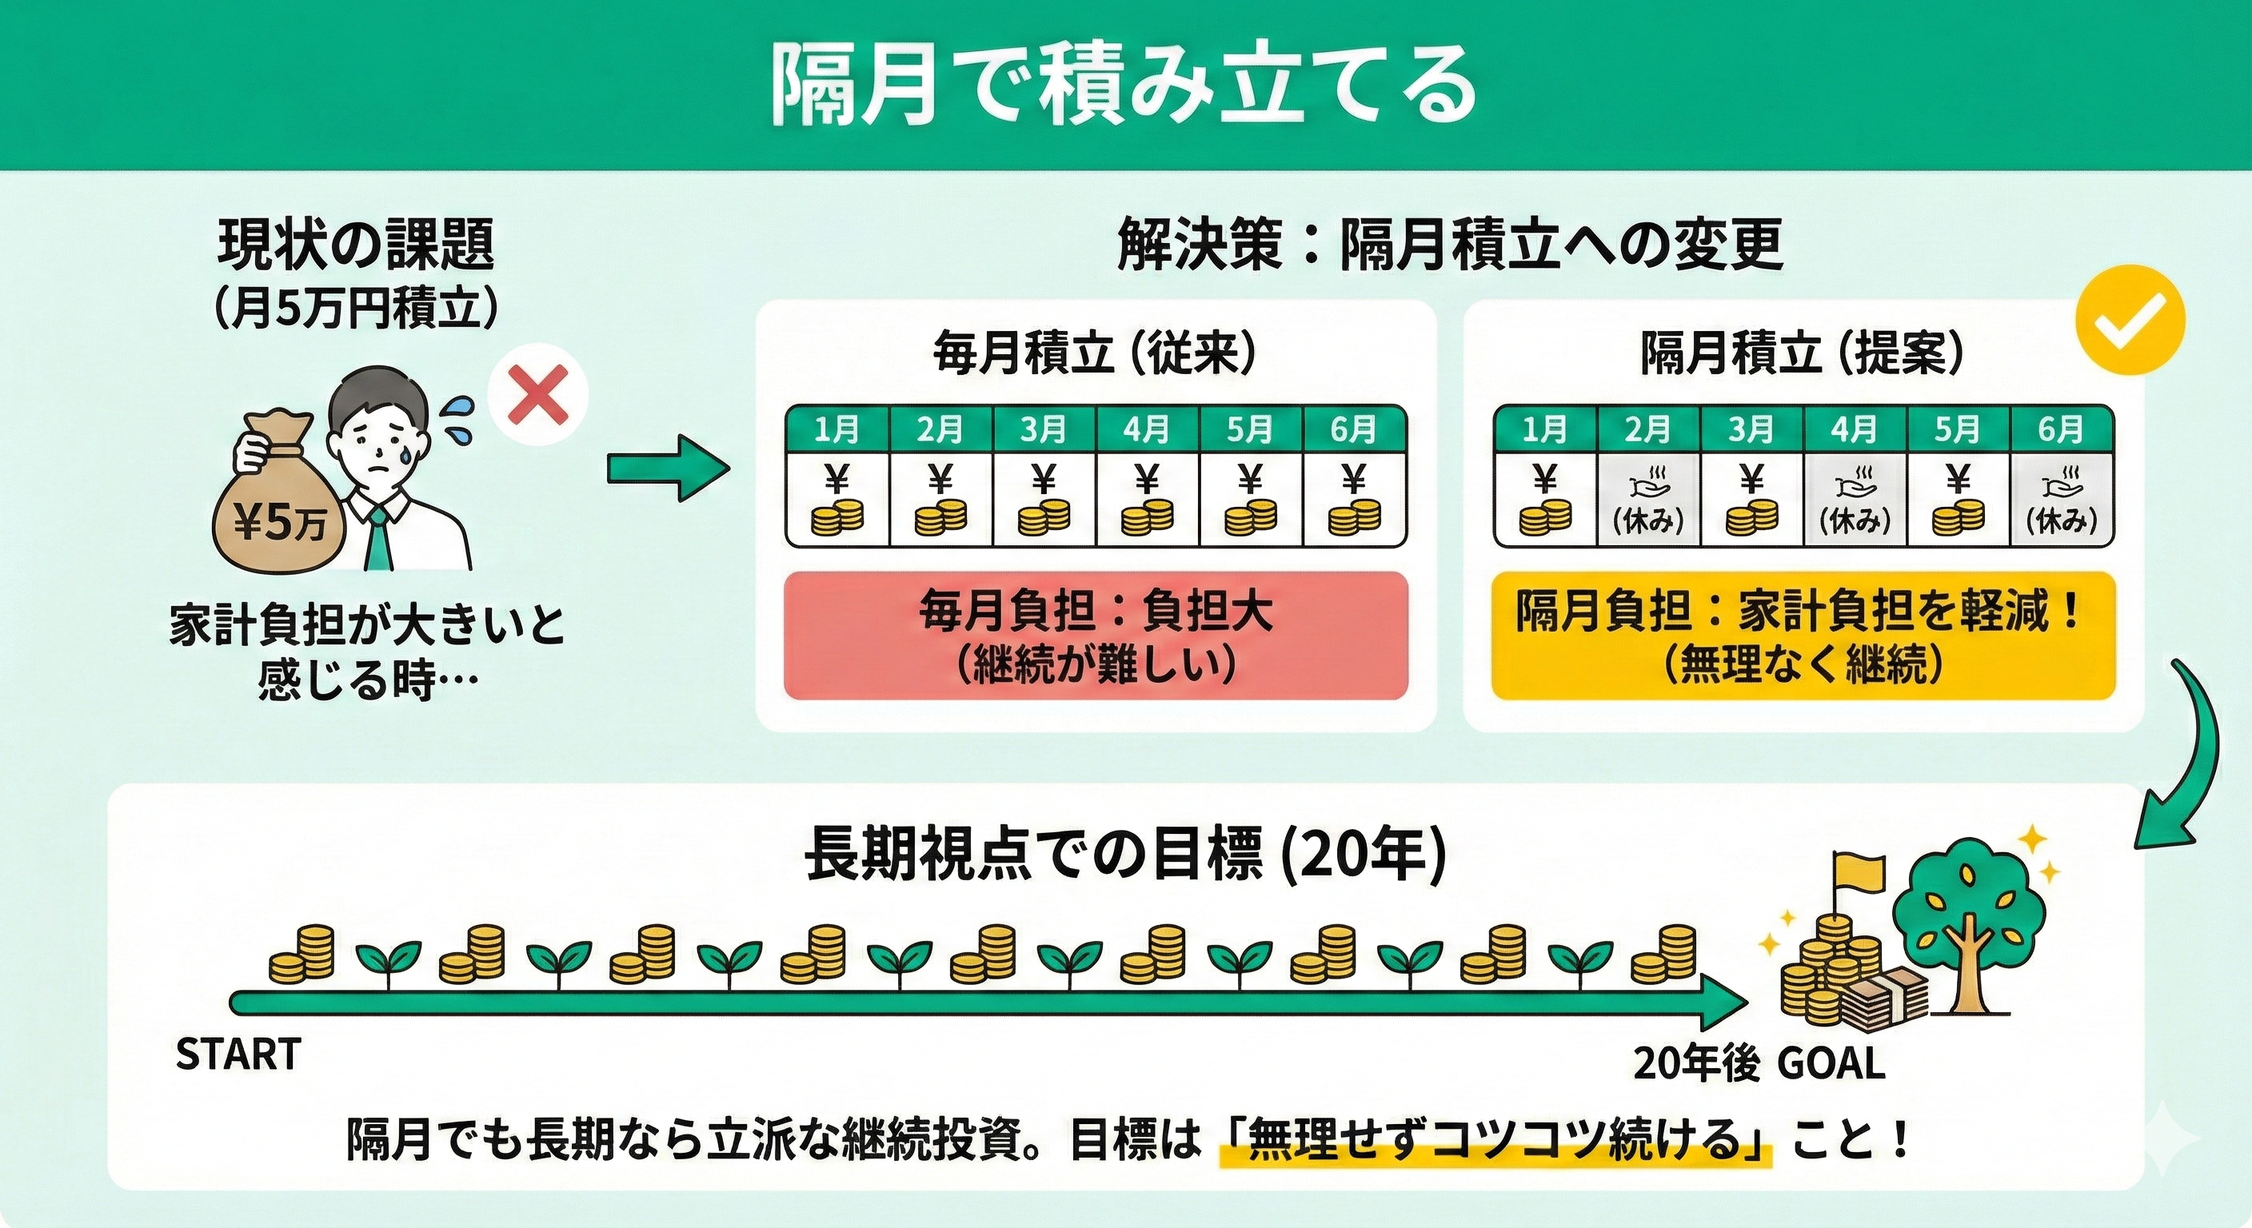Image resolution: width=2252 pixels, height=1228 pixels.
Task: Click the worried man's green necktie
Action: (x=376, y=534)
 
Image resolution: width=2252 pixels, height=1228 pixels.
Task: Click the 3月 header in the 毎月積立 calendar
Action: (x=1044, y=429)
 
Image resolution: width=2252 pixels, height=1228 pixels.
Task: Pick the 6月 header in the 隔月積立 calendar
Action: (x=2062, y=429)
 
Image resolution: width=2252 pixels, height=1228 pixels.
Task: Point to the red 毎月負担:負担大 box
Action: (x=1096, y=636)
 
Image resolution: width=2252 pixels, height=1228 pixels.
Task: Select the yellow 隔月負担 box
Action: (x=1803, y=636)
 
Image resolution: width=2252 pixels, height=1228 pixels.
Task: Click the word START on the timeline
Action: (x=238, y=1055)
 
